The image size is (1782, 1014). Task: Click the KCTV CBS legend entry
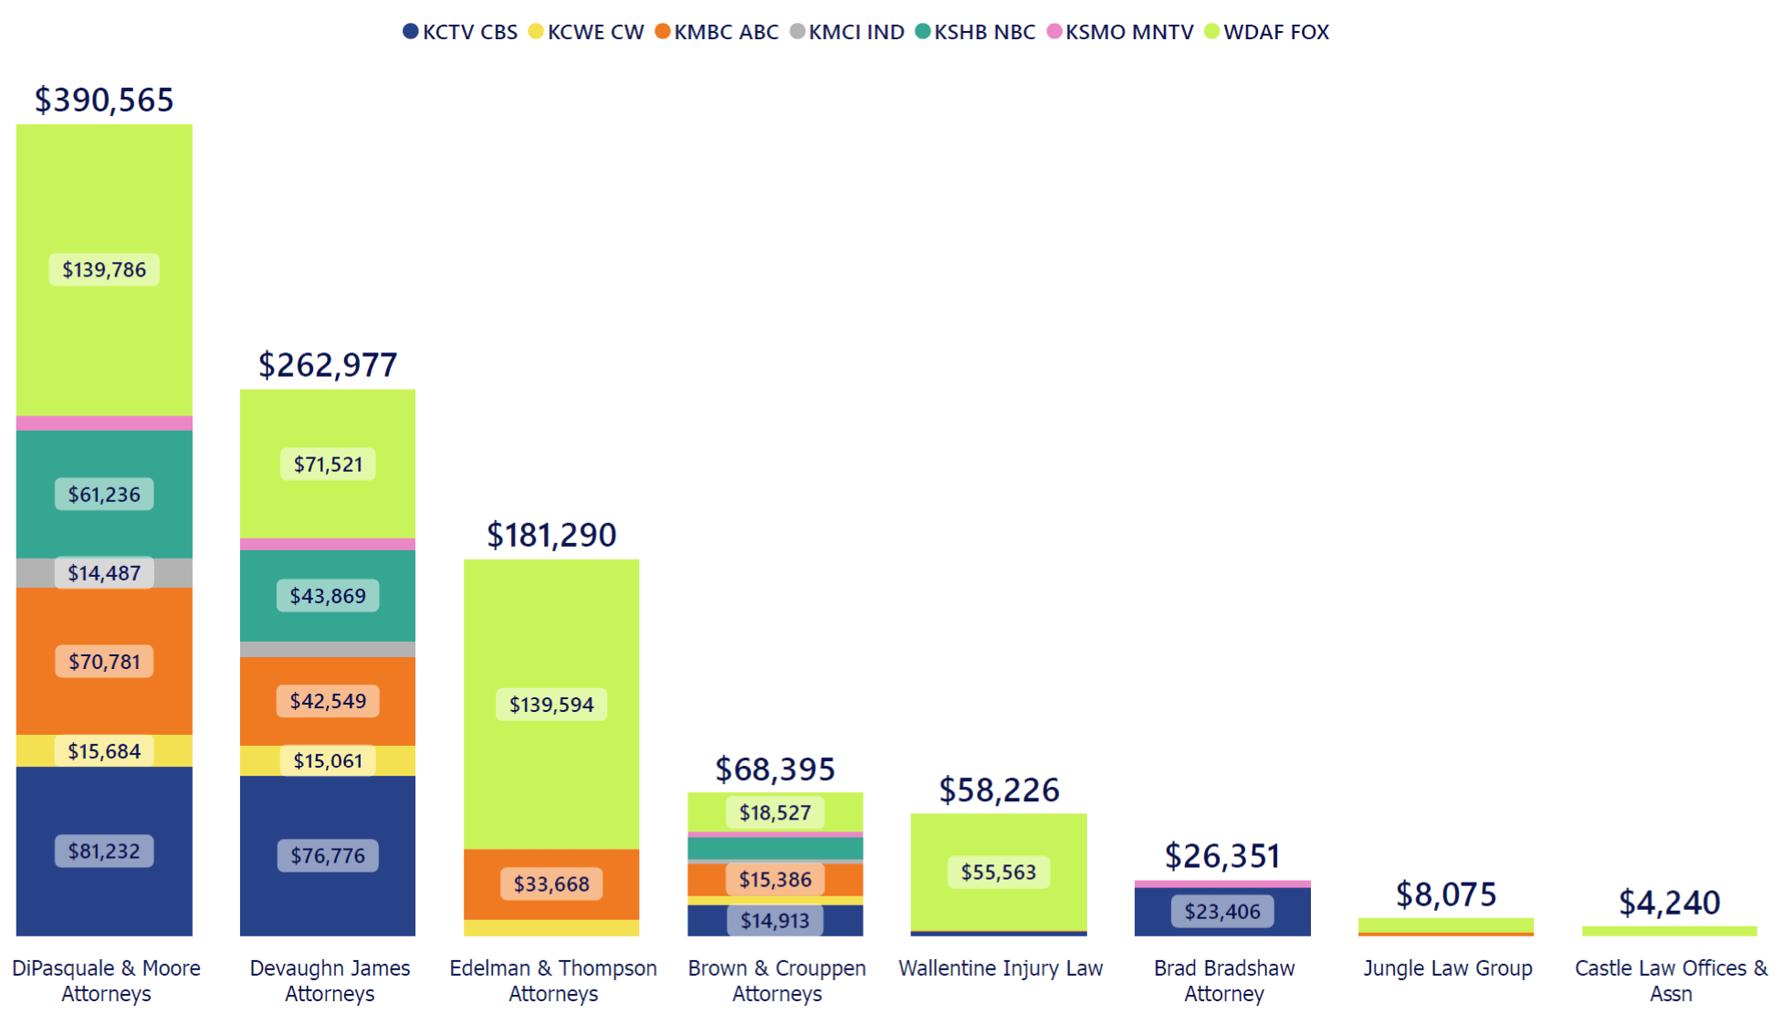pyautogui.click(x=460, y=32)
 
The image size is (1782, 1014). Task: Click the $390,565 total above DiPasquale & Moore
pyautogui.click(x=104, y=99)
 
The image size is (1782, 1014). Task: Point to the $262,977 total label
pyautogui.click(x=328, y=365)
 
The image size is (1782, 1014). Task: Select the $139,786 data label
pyautogui.click(x=104, y=269)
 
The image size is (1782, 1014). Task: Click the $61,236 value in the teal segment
pyautogui.click(x=104, y=495)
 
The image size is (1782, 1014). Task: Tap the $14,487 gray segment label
pyautogui.click(x=104, y=573)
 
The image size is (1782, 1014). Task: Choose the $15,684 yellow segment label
pyautogui.click(x=104, y=751)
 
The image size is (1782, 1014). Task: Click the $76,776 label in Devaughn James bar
pyautogui.click(x=328, y=855)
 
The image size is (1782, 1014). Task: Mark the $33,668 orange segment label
pyautogui.click(x=551, y=883)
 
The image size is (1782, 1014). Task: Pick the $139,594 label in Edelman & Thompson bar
pyautogui.click(x=551, y=705)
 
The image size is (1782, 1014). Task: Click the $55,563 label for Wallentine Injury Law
pyautogui.click(x=999, y=872)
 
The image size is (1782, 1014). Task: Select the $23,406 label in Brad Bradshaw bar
pyautogui.click(x=1222, y=911)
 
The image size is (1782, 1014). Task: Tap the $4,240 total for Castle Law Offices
pyautogui.click(x=1670, y=903)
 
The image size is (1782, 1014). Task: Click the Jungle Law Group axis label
pyautogui.click(x=1447, y=968)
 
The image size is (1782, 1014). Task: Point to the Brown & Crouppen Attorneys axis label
pyautogui.click(x=777, y=980)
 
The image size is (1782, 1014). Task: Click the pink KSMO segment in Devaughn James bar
pyautogui.click(x=328, y=544)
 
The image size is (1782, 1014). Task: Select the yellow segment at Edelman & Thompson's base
pyautogui.click(x=551, y=927)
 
